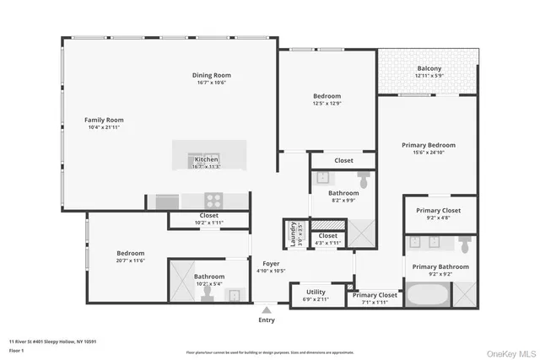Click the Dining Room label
(x=211, y=75)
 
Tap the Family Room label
(x=104, y=120)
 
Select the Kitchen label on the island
(x=207, y=159)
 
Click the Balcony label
(x=429, y=68)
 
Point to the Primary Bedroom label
(x=428, y=145)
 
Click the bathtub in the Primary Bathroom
(x=429, y=295)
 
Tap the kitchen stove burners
(x=213, y=201)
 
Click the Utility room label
(x=316, y=291)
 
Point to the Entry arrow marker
(x=267, y=309)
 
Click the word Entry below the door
(x=267, y=320)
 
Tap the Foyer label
(x=270, y=264)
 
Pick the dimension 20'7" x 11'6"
(x=130, y=260)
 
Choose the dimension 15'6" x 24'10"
(x=428, y=152)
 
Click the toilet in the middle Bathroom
(x=364, y=180)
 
